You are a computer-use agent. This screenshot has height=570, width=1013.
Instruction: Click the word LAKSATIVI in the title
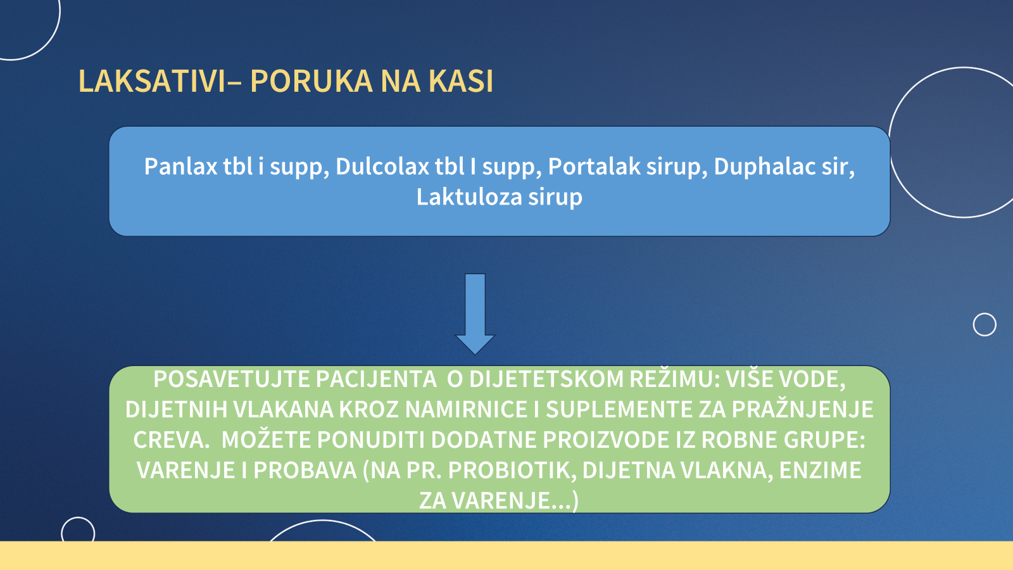[x=152, y=82]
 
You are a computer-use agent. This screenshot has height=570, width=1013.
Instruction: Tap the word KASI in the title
[x=460, y=82]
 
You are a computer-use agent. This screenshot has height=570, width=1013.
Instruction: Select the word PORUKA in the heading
[x=311, y=82]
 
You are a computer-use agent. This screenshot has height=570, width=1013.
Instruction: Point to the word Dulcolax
[x=382, y=166]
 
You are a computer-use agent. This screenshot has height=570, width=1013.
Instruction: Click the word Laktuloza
[x=469, y=197]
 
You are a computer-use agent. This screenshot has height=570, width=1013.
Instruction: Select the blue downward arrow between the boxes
[x=475, y=314]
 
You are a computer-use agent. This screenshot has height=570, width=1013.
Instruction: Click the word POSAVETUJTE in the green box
[x=231, y=379]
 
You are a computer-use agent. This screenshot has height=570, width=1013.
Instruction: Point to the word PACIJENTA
[x=376, y=379]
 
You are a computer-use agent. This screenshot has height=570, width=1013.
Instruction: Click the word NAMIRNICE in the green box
[x=466, y=409]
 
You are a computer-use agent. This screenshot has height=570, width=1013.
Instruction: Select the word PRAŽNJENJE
[x=803, y=408]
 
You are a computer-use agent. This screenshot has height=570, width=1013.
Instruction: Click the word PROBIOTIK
[x=512, y=471]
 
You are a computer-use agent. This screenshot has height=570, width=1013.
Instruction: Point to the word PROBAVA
[x=305, y=471]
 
